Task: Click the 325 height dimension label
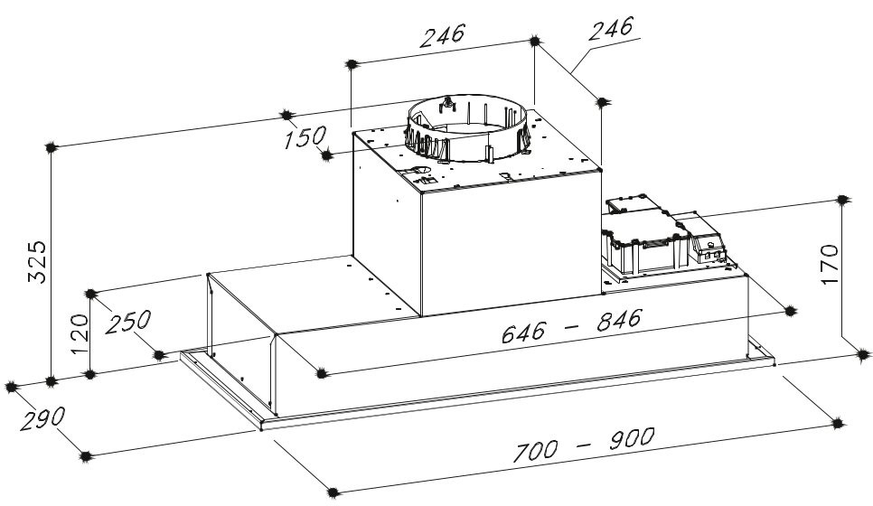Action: (x=37, y=262)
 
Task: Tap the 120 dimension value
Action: (x=80, y=334)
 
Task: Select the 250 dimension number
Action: (x=128, y=321)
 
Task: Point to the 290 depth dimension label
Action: (x=42, y=418)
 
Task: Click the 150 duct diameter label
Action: (x=305, y=137)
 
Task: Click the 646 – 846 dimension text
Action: (x=571, y=325)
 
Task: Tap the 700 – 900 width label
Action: (x=583, y=445)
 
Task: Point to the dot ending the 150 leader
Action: (x=327, y=155)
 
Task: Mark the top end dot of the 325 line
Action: (x=51, y=147)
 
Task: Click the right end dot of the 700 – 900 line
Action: (x=838, y=424)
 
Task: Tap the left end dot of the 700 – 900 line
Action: (x=333, y=492)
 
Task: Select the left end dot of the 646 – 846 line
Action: (x=320, y=373)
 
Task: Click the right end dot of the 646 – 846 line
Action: (x=790, y=311)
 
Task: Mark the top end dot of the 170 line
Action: (x=842, y=200)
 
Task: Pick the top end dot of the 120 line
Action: (x=90, y=294)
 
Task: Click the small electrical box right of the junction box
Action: (x=707, y=237)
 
